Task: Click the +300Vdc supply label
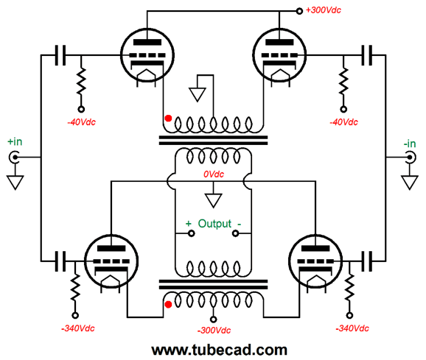(x=324, y=10)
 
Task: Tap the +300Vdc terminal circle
(x=299, y=11)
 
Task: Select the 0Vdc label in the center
(x=214, y=174)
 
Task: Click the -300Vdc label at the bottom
(x=214, y=331)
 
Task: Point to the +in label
(x=15, y=141)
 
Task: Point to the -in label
(x=410, y=144)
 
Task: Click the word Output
(x=214, y=224)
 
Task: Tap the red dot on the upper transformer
(x=169, y=119)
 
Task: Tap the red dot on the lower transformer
(x=169, y=305)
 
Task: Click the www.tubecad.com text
(x=219, y=350)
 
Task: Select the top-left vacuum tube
(x=147, y=55)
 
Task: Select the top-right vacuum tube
(x=279, y=55)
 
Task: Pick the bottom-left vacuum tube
(x=111, y=261)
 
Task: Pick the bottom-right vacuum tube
(x=315, y=261)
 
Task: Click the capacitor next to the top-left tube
(x=60, y=55)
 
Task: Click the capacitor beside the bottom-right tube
(x=366, y=261)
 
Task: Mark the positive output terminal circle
(x=192, y=233)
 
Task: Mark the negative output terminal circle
(x=235, y=233)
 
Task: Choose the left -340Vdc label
(x=78, y=328)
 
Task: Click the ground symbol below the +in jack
(x=15, y=183)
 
